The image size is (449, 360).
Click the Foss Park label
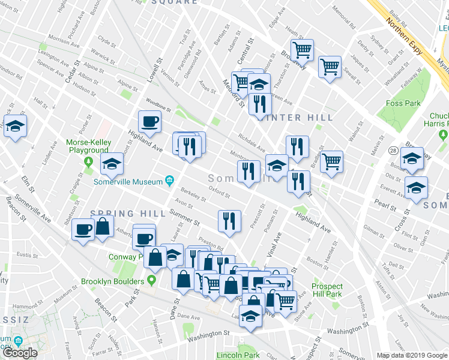tap(403, 103)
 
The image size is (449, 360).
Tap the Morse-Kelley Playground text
tap(88, 146)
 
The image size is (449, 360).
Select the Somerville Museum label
tap(128, 181)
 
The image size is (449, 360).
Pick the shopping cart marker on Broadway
tap(301, 50)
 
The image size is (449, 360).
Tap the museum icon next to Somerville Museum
tap(170, 181)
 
